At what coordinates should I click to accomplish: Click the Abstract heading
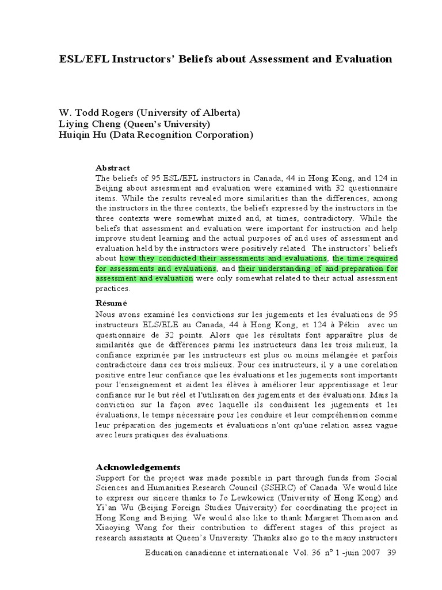[113, 168]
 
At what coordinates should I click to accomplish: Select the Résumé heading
[111, 303]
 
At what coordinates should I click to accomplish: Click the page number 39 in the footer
[392, 553]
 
